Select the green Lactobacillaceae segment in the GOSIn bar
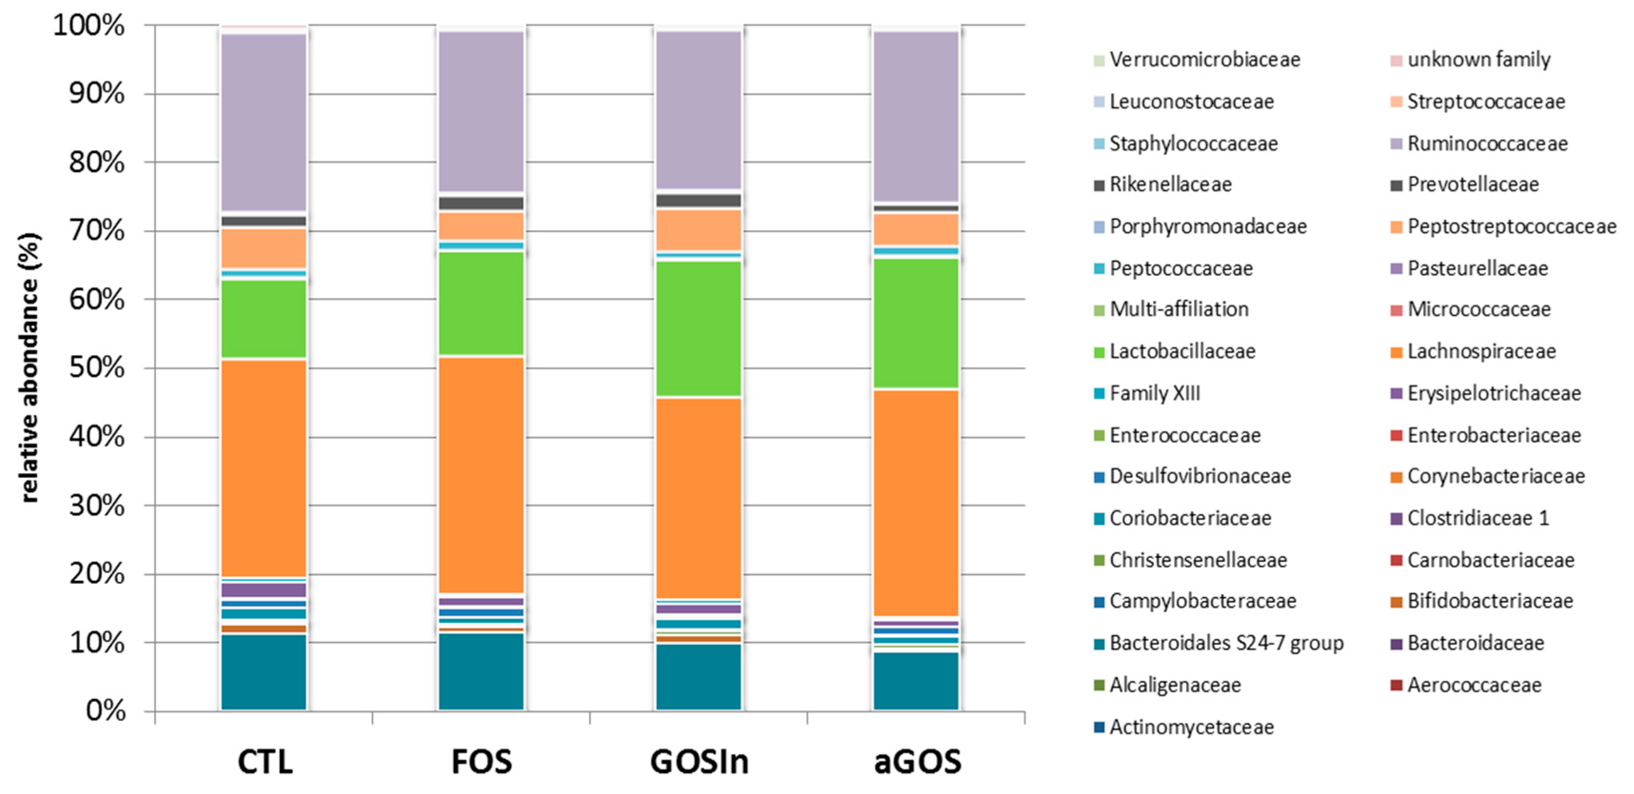pyautogui.click(x=698, y=329)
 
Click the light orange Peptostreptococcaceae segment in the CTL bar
pyautogui.click(x=263, y=248)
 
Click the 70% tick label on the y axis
pyautogui.click(x=97, y=231)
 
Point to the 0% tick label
pyautogui.click(x=105, y=710)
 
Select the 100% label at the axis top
pyautogui.click(x=89, y=26)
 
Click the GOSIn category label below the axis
pyautogui.click(x=699, y=762)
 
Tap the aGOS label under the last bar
pyautogui.click(x=917, y=762)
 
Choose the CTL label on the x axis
pyautogui.click(x=265, y=762)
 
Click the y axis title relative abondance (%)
pyautogui.click(x=30, y=368)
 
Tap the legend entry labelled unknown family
pyautogui.click(x=1478, y=59)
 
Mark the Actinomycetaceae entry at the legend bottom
pyautogui.click(x=1190, y=727)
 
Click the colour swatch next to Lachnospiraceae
pyautogui.click(x=1396, y=352)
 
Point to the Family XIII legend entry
pyautogui.click(x=1154, y=393)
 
